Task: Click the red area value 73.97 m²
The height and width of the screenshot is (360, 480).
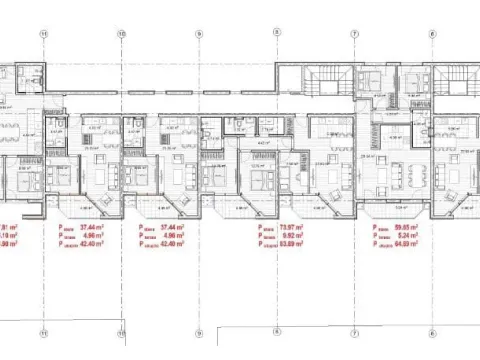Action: pyautogui.click(x=319, y=226)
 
